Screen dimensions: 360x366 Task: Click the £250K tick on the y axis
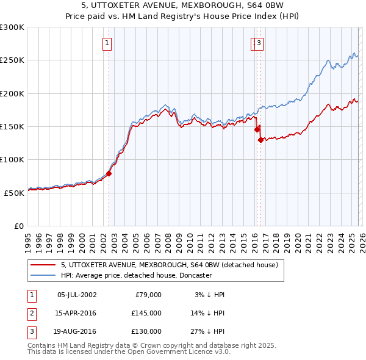coord(12,60)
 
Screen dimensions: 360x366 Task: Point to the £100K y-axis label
coord(12,159)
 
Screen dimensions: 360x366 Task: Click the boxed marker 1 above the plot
coord(107,43)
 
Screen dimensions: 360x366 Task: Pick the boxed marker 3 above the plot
coord(259,43)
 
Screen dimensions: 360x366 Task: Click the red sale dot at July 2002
coord(109,173)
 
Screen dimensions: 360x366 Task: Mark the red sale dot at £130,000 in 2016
coord(260,140)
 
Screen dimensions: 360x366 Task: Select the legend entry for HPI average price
coord(136,275)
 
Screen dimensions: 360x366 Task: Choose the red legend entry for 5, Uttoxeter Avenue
coord(170,265)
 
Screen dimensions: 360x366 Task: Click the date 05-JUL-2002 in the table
coord(76,295)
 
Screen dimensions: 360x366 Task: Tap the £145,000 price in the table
coord(146,313)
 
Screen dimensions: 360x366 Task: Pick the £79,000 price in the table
coord(148,295)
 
